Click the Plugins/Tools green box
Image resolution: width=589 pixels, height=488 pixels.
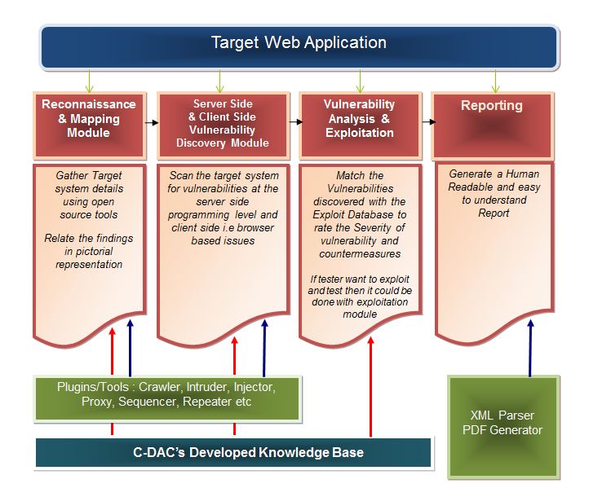click(167, 395)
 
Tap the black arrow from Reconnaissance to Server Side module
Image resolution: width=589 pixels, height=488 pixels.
click(151, 123)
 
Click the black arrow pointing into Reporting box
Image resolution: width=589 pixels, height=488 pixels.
click(427, 123)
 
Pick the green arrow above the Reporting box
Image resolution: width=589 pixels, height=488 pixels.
click(494, 81)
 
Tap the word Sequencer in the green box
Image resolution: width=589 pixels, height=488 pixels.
click(149, 402)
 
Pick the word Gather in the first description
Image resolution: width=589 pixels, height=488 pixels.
click(73, 175)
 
